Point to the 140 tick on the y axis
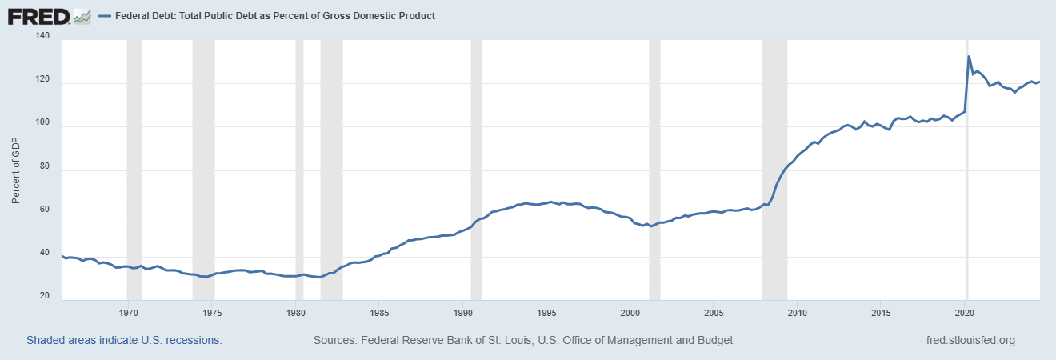tap(42, 37)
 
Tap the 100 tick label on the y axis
tap(42, 126)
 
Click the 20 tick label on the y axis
tap(45, 297)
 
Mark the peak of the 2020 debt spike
tap(969, 57)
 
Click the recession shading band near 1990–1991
tap(476, 160)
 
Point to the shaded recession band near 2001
tap(654, 160)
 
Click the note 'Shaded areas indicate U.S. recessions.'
tap(124, 340)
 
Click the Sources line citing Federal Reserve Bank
tap(523, 340)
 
